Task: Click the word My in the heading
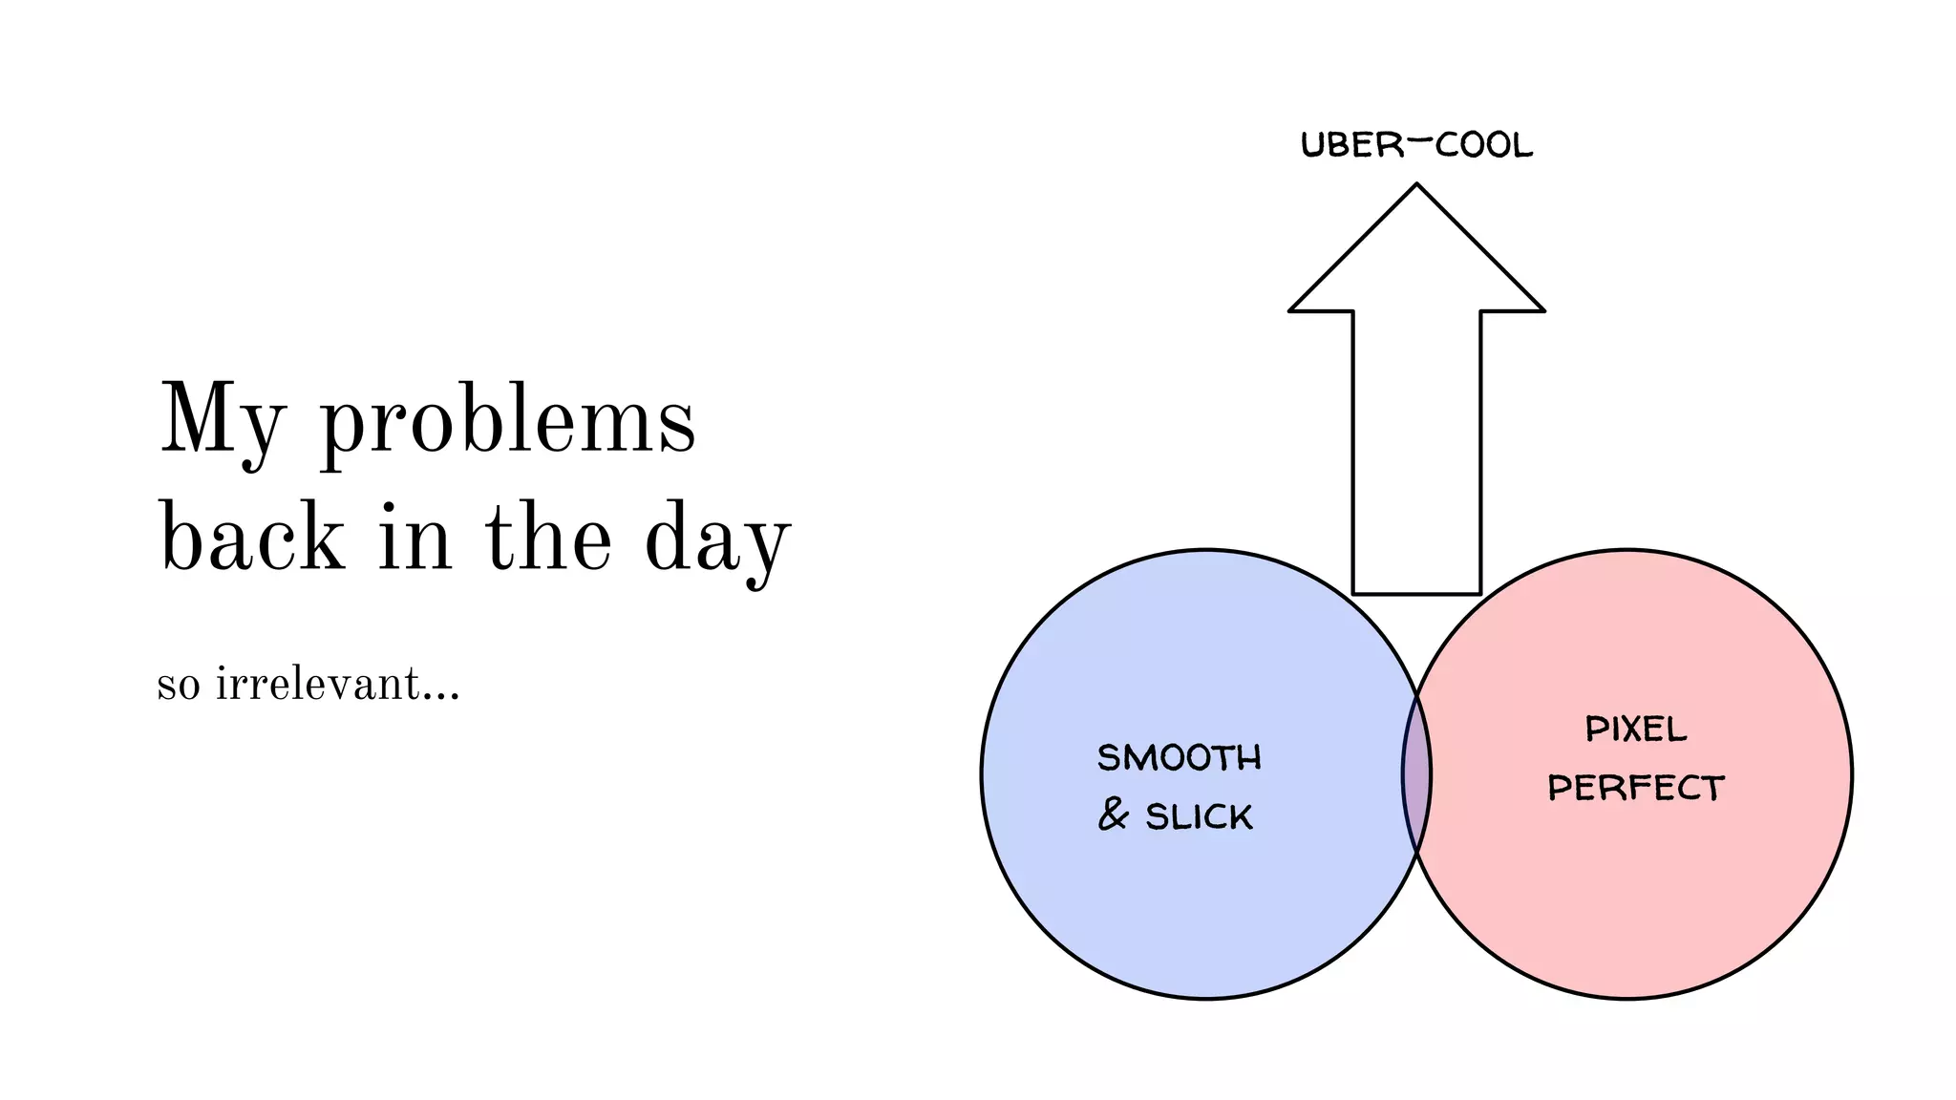(222, 421)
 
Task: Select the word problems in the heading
(507, 425)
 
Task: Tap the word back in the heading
(252, 538)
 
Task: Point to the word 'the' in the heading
(548, 538)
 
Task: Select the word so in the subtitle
(179, 686)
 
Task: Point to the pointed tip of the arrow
(1416, 186)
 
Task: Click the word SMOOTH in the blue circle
(1179, 757)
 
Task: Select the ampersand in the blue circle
(1113, 814)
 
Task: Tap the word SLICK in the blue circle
(1199, 816)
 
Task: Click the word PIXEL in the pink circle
(1636, 730)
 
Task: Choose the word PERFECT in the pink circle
(1636, 788)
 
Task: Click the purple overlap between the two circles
(1416, 774)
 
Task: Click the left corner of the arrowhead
(1292, 309)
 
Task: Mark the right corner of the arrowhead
(1541, 309)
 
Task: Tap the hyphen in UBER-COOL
(1420, 141)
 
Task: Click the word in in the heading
(414, 538)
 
